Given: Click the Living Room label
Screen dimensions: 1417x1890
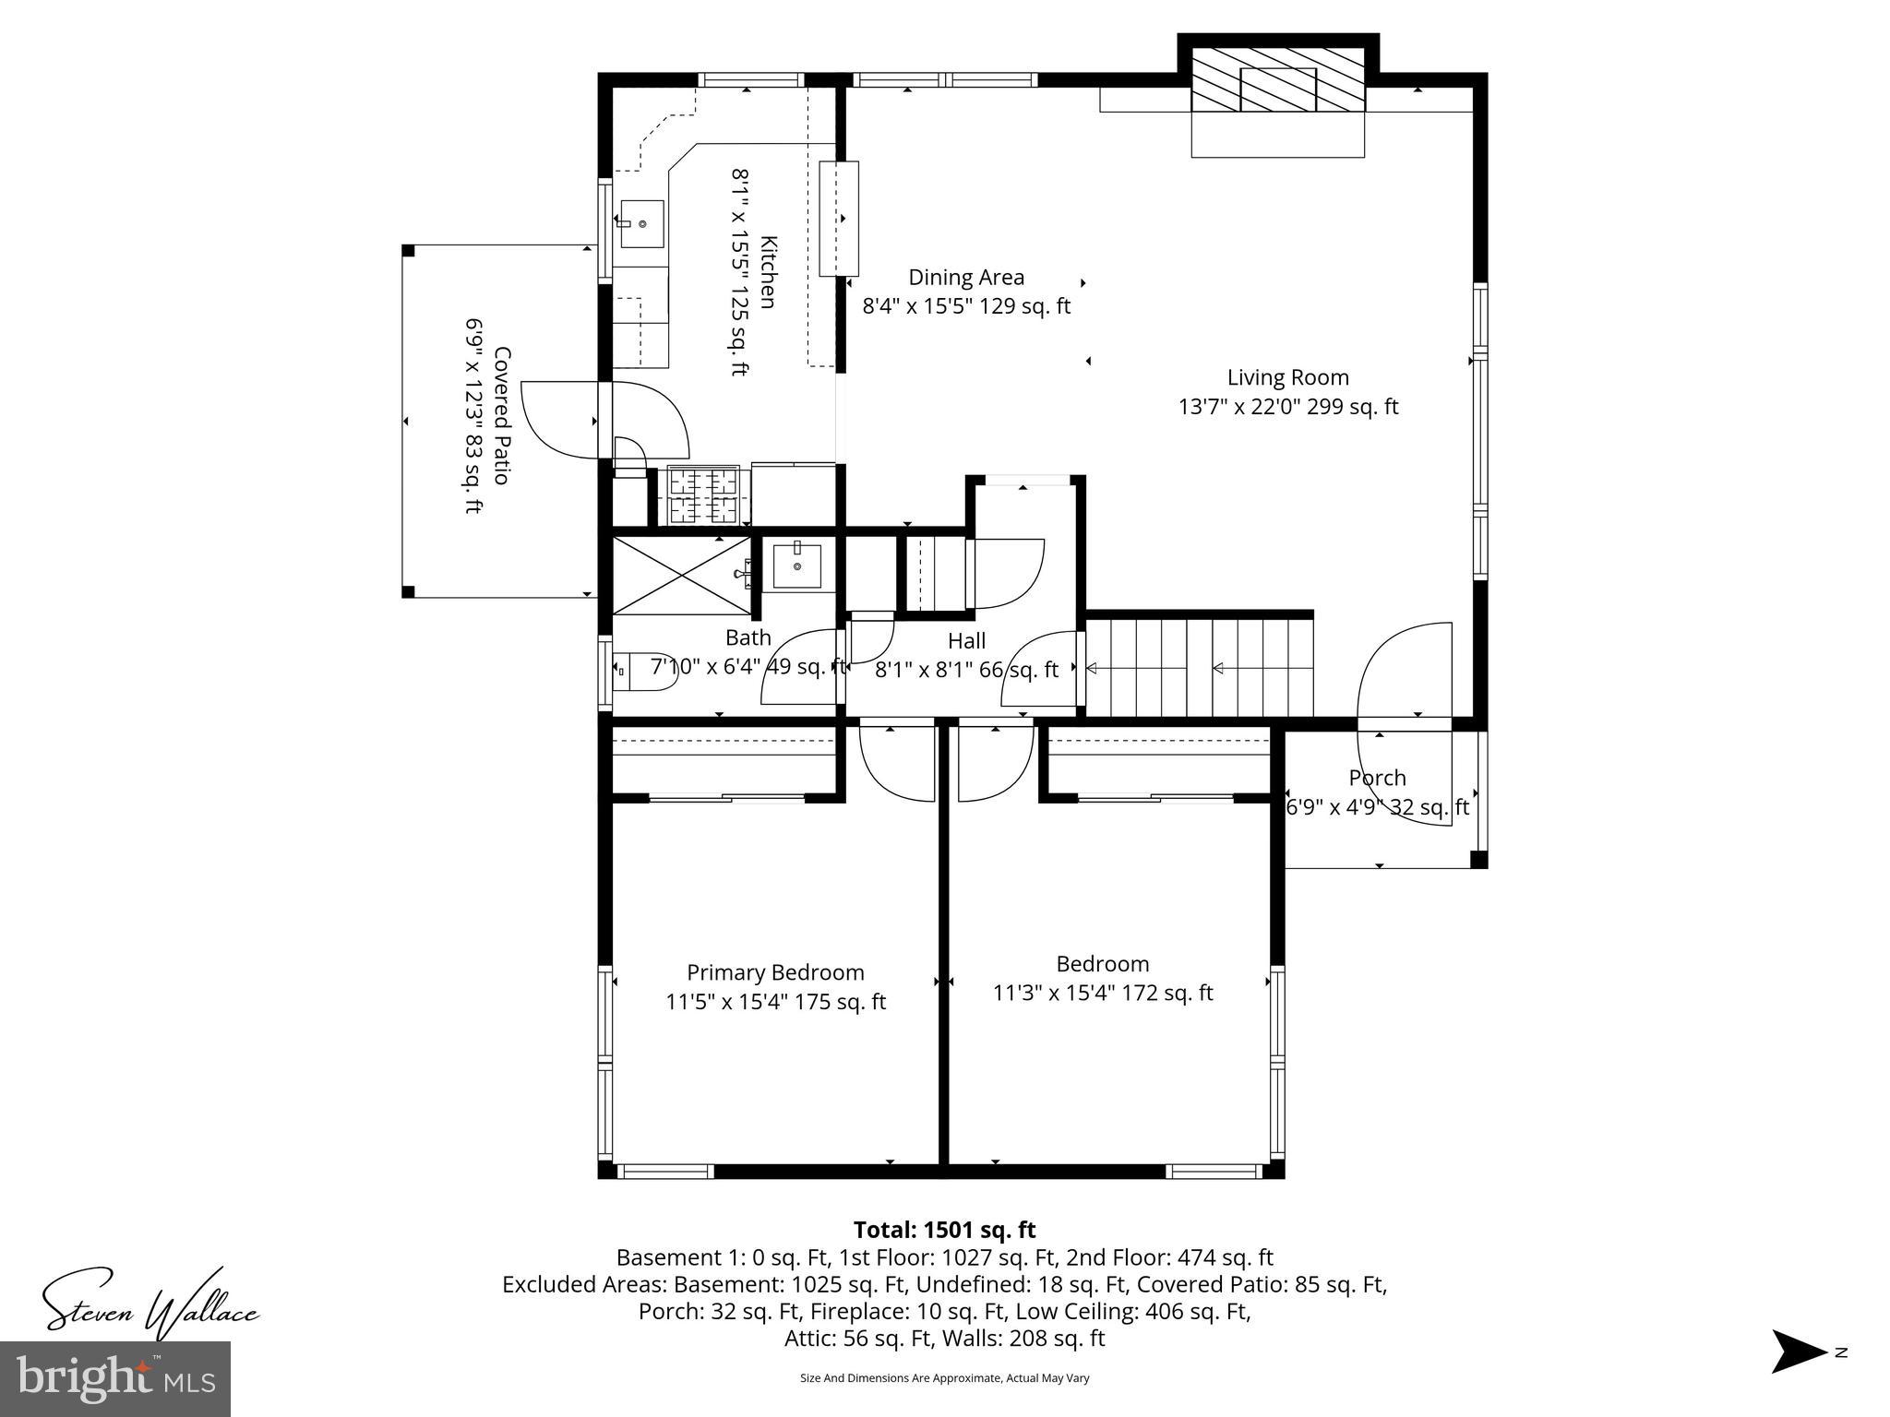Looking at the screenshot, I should pos(1287,377).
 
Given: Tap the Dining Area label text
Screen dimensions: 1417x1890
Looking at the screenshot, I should pos(966,277).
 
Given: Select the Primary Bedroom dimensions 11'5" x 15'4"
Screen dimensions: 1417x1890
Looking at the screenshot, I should pos(775,1002).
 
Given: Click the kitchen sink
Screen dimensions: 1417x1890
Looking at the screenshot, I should pos(641,224).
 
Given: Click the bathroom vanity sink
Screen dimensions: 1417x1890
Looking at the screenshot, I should pos(796,566).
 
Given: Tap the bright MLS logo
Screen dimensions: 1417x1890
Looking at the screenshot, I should pos(115,1378).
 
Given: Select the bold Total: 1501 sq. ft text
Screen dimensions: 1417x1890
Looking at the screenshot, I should pos(944,1230).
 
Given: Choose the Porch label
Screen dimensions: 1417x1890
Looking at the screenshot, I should pos(1377,778).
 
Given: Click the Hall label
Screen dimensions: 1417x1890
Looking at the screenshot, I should pos(966,640).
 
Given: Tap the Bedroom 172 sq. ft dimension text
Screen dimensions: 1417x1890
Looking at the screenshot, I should pos(1103,993).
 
